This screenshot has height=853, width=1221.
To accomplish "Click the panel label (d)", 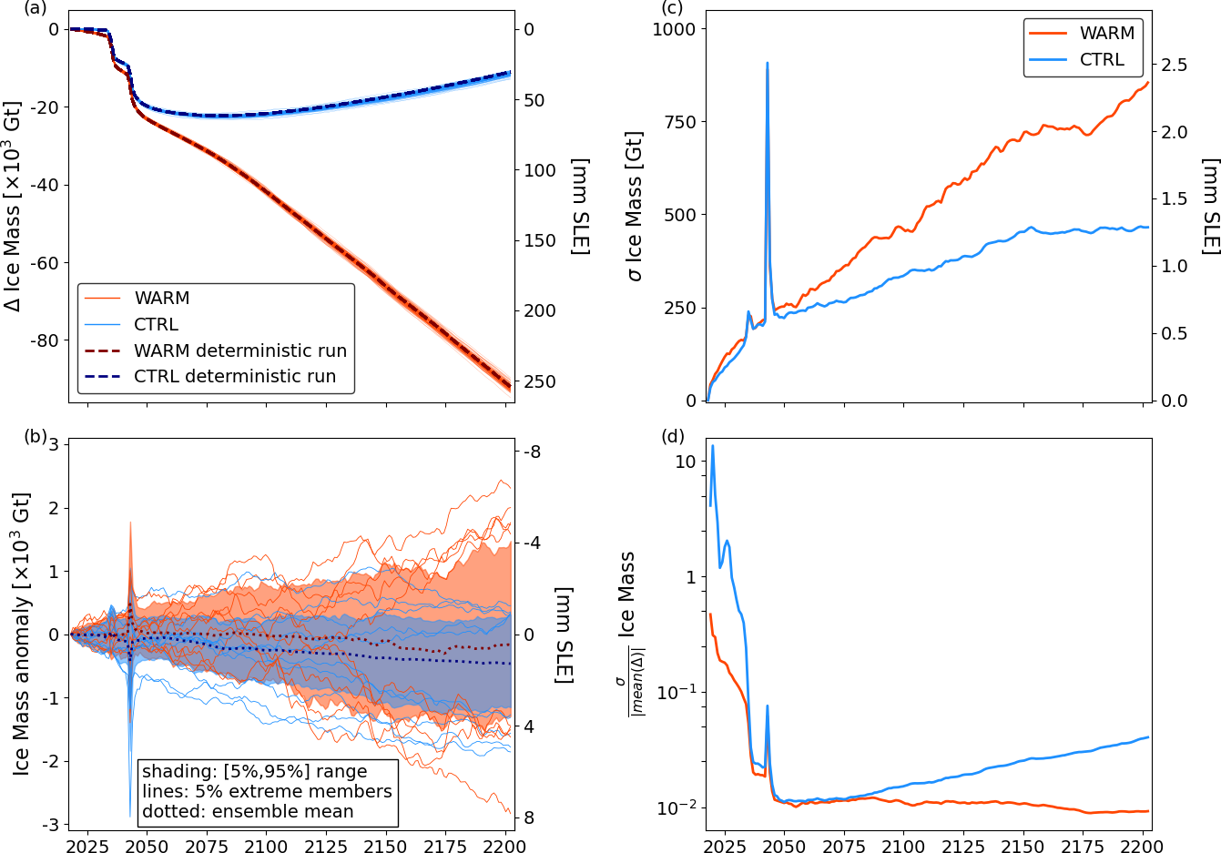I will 672,437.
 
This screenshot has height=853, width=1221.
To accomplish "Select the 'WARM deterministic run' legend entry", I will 240,350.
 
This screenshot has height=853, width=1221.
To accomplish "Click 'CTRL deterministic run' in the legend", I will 235,376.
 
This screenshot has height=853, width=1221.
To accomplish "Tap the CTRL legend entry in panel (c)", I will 1102,59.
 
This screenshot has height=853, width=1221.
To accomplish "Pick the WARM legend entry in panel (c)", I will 1107,33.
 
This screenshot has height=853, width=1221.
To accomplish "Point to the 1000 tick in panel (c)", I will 674,29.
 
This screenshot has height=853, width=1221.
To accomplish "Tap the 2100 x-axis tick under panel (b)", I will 267,845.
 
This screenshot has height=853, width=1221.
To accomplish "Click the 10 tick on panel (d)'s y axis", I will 685,462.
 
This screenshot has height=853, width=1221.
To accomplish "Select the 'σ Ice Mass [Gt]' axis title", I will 635,206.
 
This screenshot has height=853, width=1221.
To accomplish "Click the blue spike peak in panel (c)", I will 768,63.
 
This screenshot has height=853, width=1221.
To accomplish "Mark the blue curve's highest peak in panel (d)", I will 713,445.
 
